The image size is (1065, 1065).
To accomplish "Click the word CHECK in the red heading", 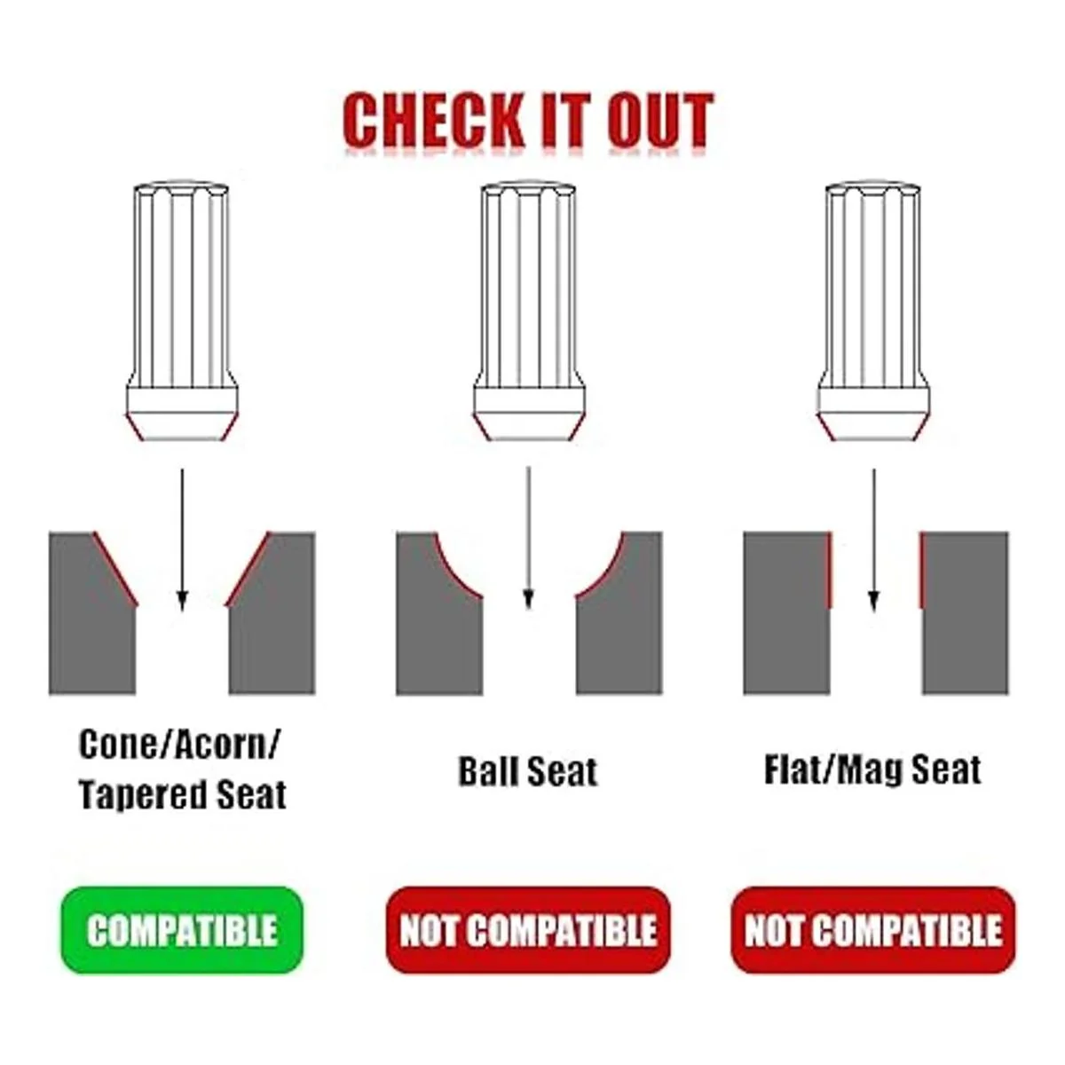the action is [433, 120].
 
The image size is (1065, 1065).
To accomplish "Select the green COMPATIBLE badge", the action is [182, 929].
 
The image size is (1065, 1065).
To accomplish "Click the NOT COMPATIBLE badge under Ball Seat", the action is [528, 929].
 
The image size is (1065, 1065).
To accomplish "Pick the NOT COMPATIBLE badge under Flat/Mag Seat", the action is [873, 929].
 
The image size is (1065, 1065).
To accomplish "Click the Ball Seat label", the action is [528, 771].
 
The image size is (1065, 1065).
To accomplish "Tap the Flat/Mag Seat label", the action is [872, 769].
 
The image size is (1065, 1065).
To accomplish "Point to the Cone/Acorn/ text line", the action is [180, 745].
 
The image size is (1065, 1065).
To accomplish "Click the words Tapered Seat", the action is [183, 794].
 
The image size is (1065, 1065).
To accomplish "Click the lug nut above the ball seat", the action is [528, 312].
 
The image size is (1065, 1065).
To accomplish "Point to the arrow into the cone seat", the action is [183, 540].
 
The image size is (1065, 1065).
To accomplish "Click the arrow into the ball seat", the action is [529, 537].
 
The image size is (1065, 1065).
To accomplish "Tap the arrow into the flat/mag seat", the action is [874, 540].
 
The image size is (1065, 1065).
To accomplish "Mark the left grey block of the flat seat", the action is [787, 613].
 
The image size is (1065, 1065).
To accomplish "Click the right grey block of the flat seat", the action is [965, 613].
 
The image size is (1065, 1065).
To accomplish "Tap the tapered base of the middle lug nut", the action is [528, 428].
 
